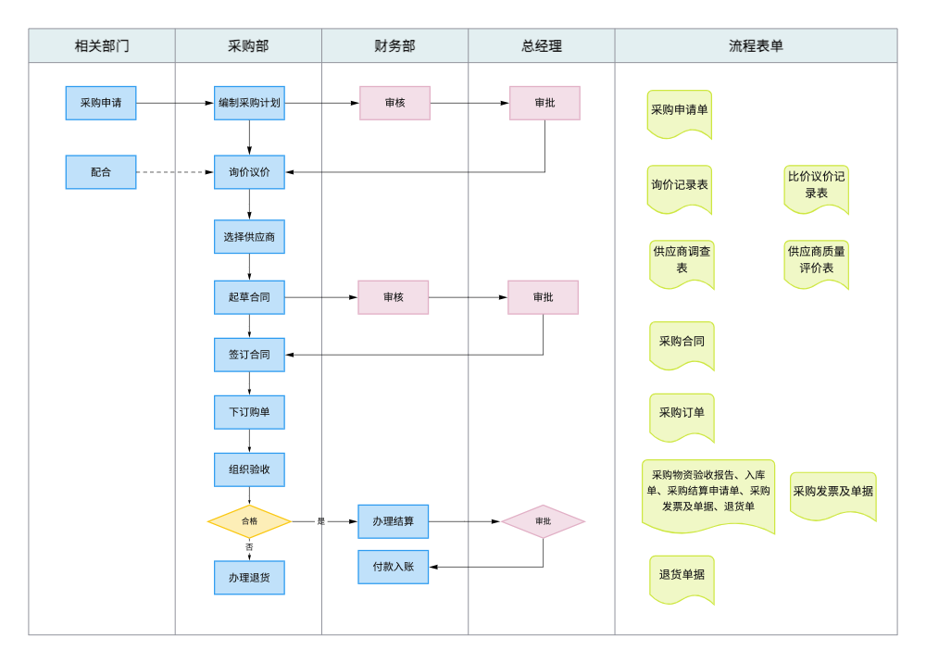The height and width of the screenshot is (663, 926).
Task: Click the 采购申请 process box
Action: tap(101, 103)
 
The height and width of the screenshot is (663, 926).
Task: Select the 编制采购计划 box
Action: tap(249, 103)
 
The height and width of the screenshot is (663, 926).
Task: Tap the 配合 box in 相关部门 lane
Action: tap(101, 172)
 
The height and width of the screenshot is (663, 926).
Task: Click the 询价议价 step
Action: tap(249, 172)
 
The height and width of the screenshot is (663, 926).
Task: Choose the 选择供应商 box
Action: tap(249, 237)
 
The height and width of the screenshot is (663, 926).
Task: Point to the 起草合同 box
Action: tap(249, 297)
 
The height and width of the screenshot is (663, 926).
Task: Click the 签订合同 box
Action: tap(249, 355)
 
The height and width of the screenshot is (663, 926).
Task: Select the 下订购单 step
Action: tap(249, 412)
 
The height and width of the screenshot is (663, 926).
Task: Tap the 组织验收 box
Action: tap(249, 469)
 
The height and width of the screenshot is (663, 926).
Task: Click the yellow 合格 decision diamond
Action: tap(249, 521)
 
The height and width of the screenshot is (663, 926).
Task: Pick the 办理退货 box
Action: tap(249, 578)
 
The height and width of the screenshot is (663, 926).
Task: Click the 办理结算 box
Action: tap(394, 521)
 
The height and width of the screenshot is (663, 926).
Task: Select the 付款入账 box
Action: tap(394, 567)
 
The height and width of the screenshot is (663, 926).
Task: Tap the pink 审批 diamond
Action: tap(544, 521)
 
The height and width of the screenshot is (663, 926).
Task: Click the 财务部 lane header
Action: tap(394, 45)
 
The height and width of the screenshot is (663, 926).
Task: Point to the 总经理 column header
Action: tap(542, 45)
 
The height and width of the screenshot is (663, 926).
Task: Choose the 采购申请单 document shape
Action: tap(680, 111)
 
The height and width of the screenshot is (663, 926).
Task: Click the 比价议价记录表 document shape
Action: tap(816, 186)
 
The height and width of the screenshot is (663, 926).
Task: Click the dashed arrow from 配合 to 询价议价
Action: tap(175, 172)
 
